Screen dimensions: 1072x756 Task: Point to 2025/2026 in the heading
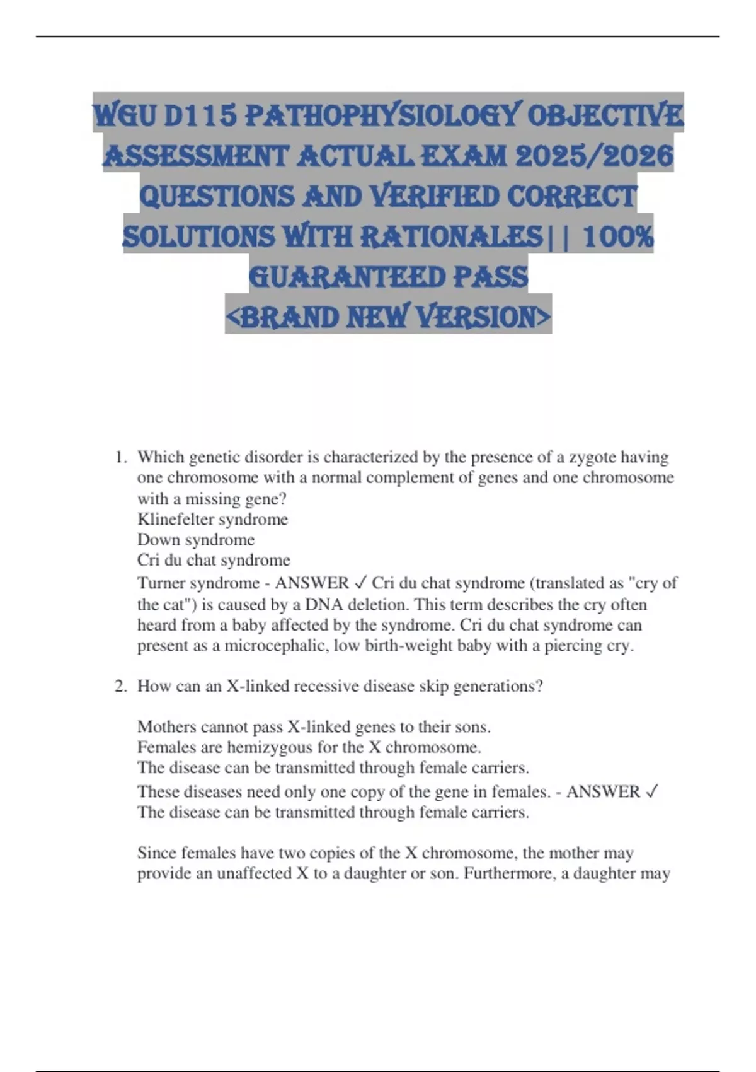pos(594,156)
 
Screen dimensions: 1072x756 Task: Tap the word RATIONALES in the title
pos(451,237)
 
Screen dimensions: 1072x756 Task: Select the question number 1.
pos(120,457)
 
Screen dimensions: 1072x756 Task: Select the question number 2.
pos(120,686)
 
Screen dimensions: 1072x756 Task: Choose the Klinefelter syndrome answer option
pos(212,519)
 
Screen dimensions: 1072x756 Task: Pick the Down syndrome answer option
pos(196,540)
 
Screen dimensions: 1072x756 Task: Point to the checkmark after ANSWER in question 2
pos(652,791)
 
